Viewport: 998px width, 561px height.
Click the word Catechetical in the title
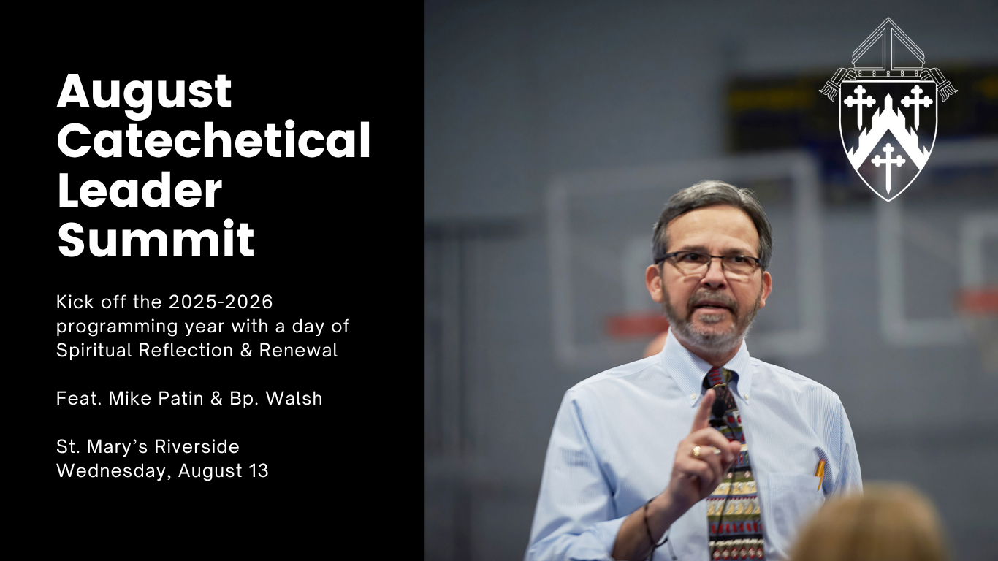point(213,140)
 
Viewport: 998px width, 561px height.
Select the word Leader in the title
point(140,189)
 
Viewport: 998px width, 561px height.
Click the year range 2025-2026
point(221,302)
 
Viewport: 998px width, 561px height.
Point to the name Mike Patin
point(156,398)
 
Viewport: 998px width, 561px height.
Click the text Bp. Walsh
point(275,398)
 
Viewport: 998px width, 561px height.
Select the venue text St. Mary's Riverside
point(148,446)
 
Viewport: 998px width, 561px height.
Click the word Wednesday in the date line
point(114,471)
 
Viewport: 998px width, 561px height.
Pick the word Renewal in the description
point(299,350)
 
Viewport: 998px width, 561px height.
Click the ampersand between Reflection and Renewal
point(246,350)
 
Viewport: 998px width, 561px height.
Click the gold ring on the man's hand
point(696,451)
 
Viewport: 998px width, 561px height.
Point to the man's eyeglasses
point(707,263)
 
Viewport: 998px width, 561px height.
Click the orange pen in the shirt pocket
point(820,475)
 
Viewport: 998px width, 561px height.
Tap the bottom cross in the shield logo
point(888,167)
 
